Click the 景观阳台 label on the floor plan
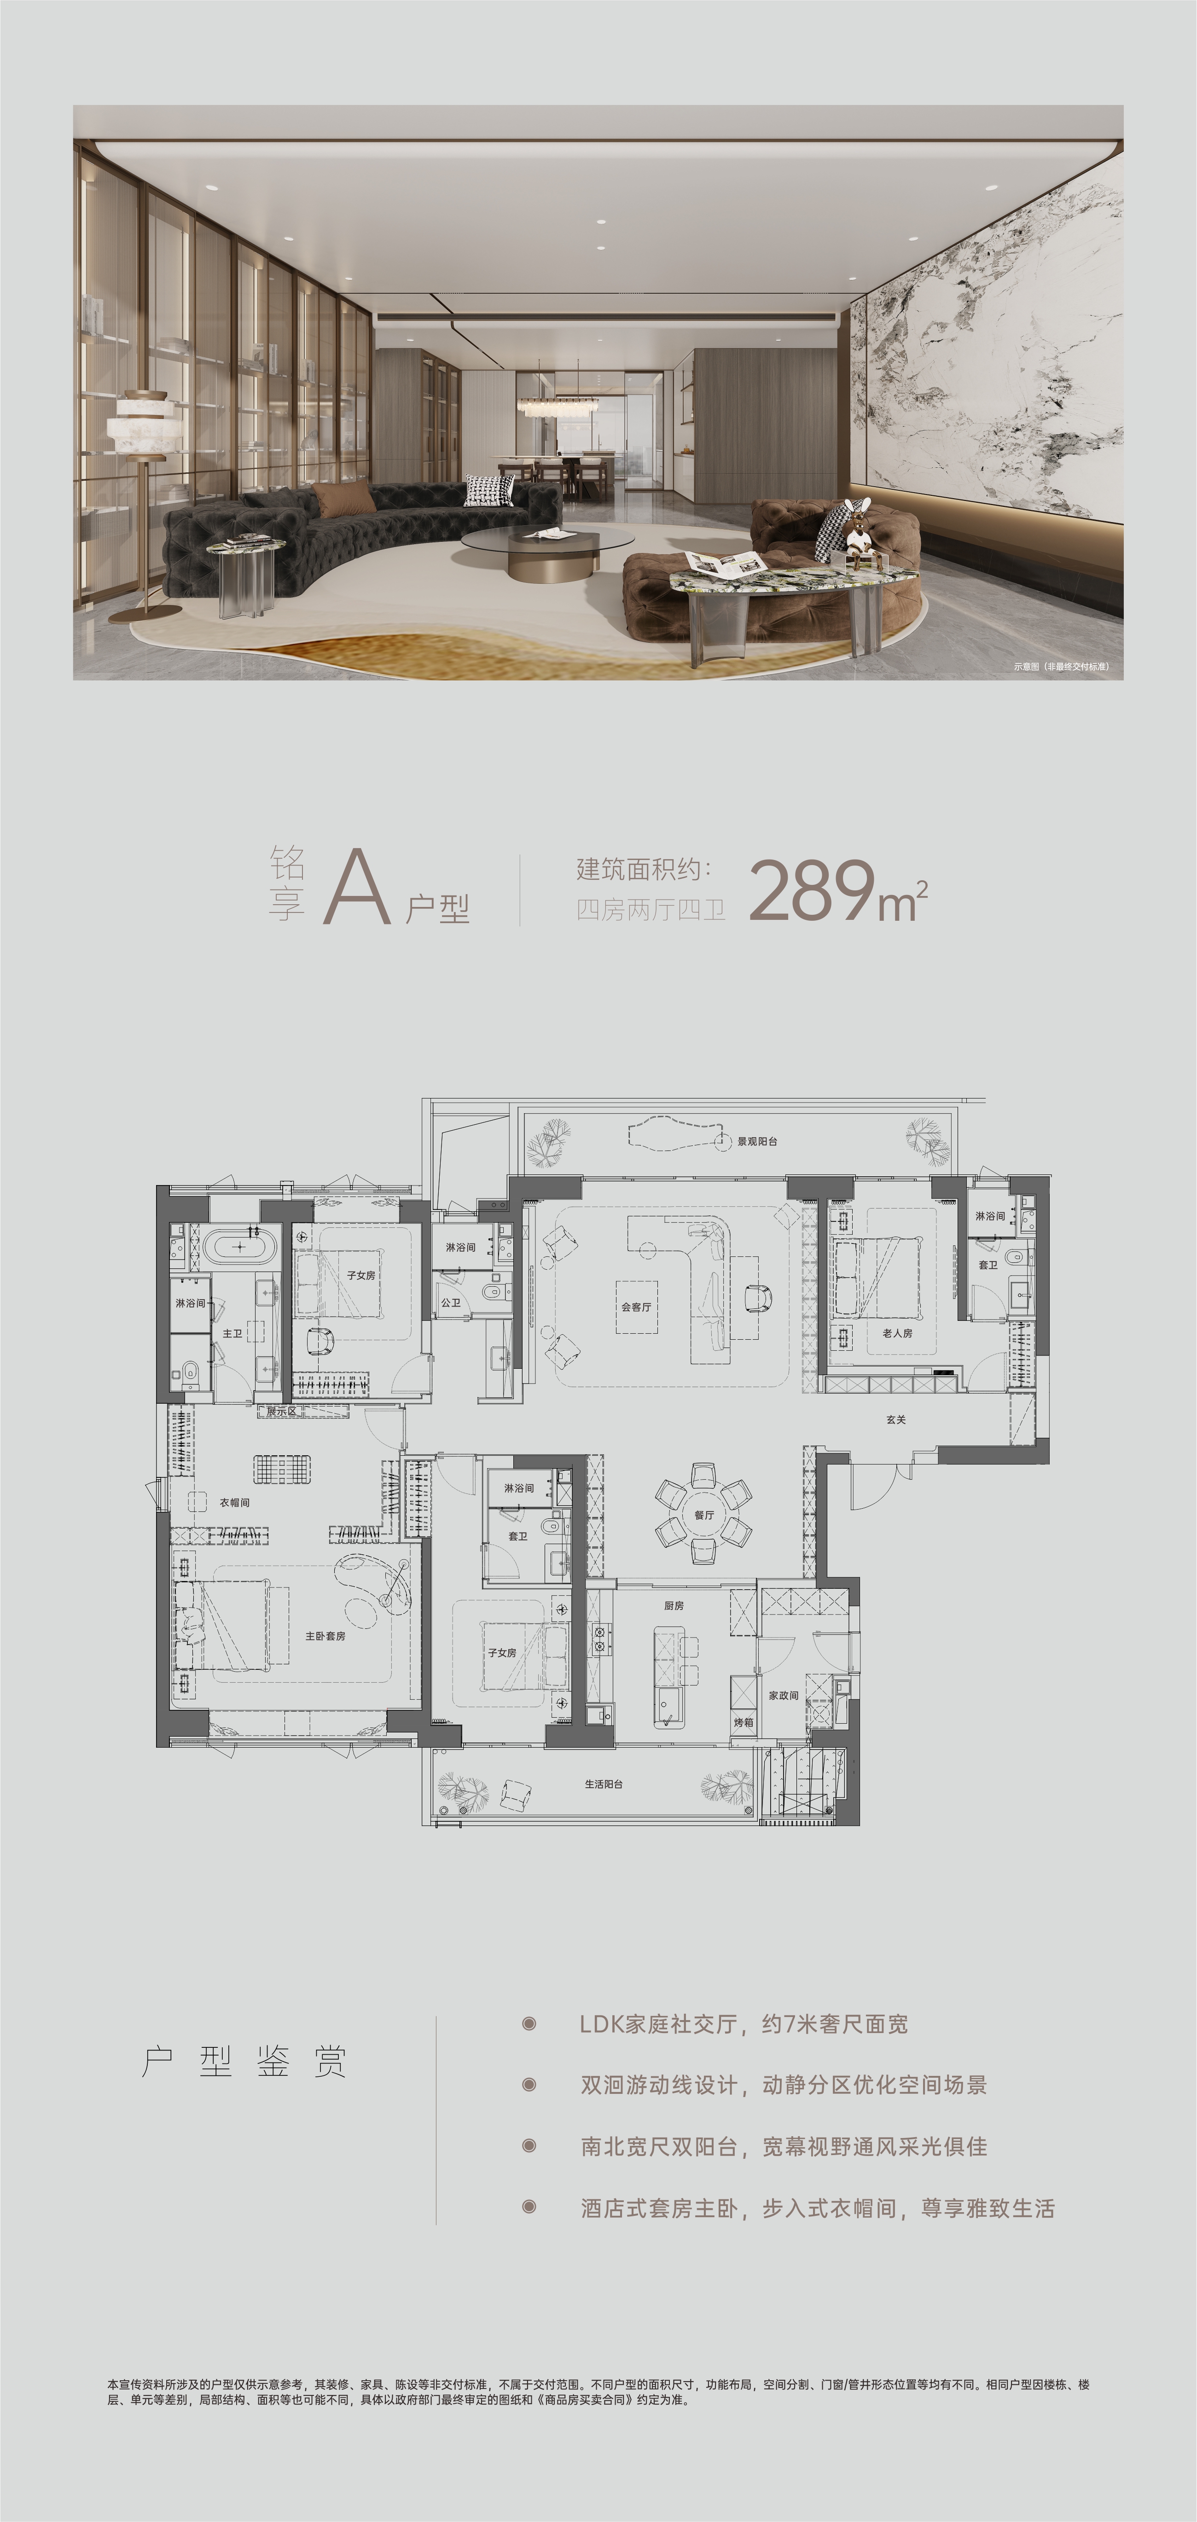click(757, 1142)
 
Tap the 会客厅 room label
click(636, 1307)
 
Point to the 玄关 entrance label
click(896, 1420)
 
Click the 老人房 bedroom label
click(897, 1333)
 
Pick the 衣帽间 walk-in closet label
click(235, 1503)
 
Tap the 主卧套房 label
click(325, 1636)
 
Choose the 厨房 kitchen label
click(674, 1606)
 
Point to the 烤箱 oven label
click(744, 1722)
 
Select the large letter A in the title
click(357, 887)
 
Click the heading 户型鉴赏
click(244, 2062)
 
